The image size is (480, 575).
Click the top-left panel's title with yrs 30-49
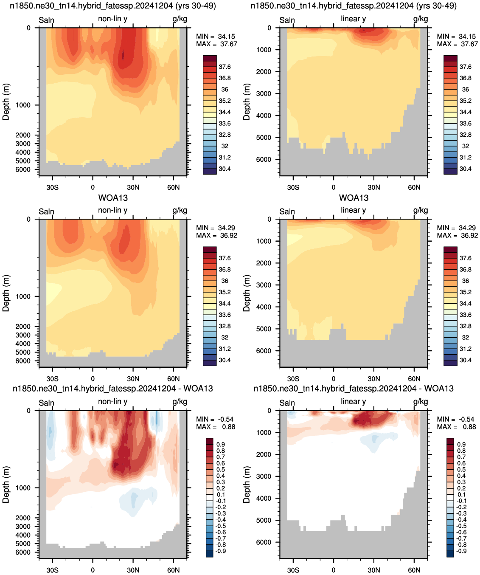pos(113,6)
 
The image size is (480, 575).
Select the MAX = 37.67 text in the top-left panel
pos(216,44)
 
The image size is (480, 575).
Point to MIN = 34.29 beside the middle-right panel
pos(457,228)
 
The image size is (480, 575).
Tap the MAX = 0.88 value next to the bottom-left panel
pos(216,426)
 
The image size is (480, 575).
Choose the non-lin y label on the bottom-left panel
pos(112,401)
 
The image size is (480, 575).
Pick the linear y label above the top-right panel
pos(354,19)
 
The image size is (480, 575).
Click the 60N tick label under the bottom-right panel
pos(414,570)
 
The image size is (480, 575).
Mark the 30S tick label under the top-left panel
pos(52,187)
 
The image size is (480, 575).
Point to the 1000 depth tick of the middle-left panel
pos(23,296)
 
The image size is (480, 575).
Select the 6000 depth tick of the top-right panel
pos(264,159)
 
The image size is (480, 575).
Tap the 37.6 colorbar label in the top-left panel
pos(225,67)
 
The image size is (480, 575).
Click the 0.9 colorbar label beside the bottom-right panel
pos(462,445)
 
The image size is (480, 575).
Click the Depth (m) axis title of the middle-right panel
pos(246,293)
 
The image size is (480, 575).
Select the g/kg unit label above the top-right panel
pos(420,19)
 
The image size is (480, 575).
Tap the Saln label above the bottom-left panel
pos(46,403)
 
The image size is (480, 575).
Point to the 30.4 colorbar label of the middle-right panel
pos(465,360)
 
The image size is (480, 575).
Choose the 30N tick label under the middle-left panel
pos(133,379)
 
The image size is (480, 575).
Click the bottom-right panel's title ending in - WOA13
pos(354,388)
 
